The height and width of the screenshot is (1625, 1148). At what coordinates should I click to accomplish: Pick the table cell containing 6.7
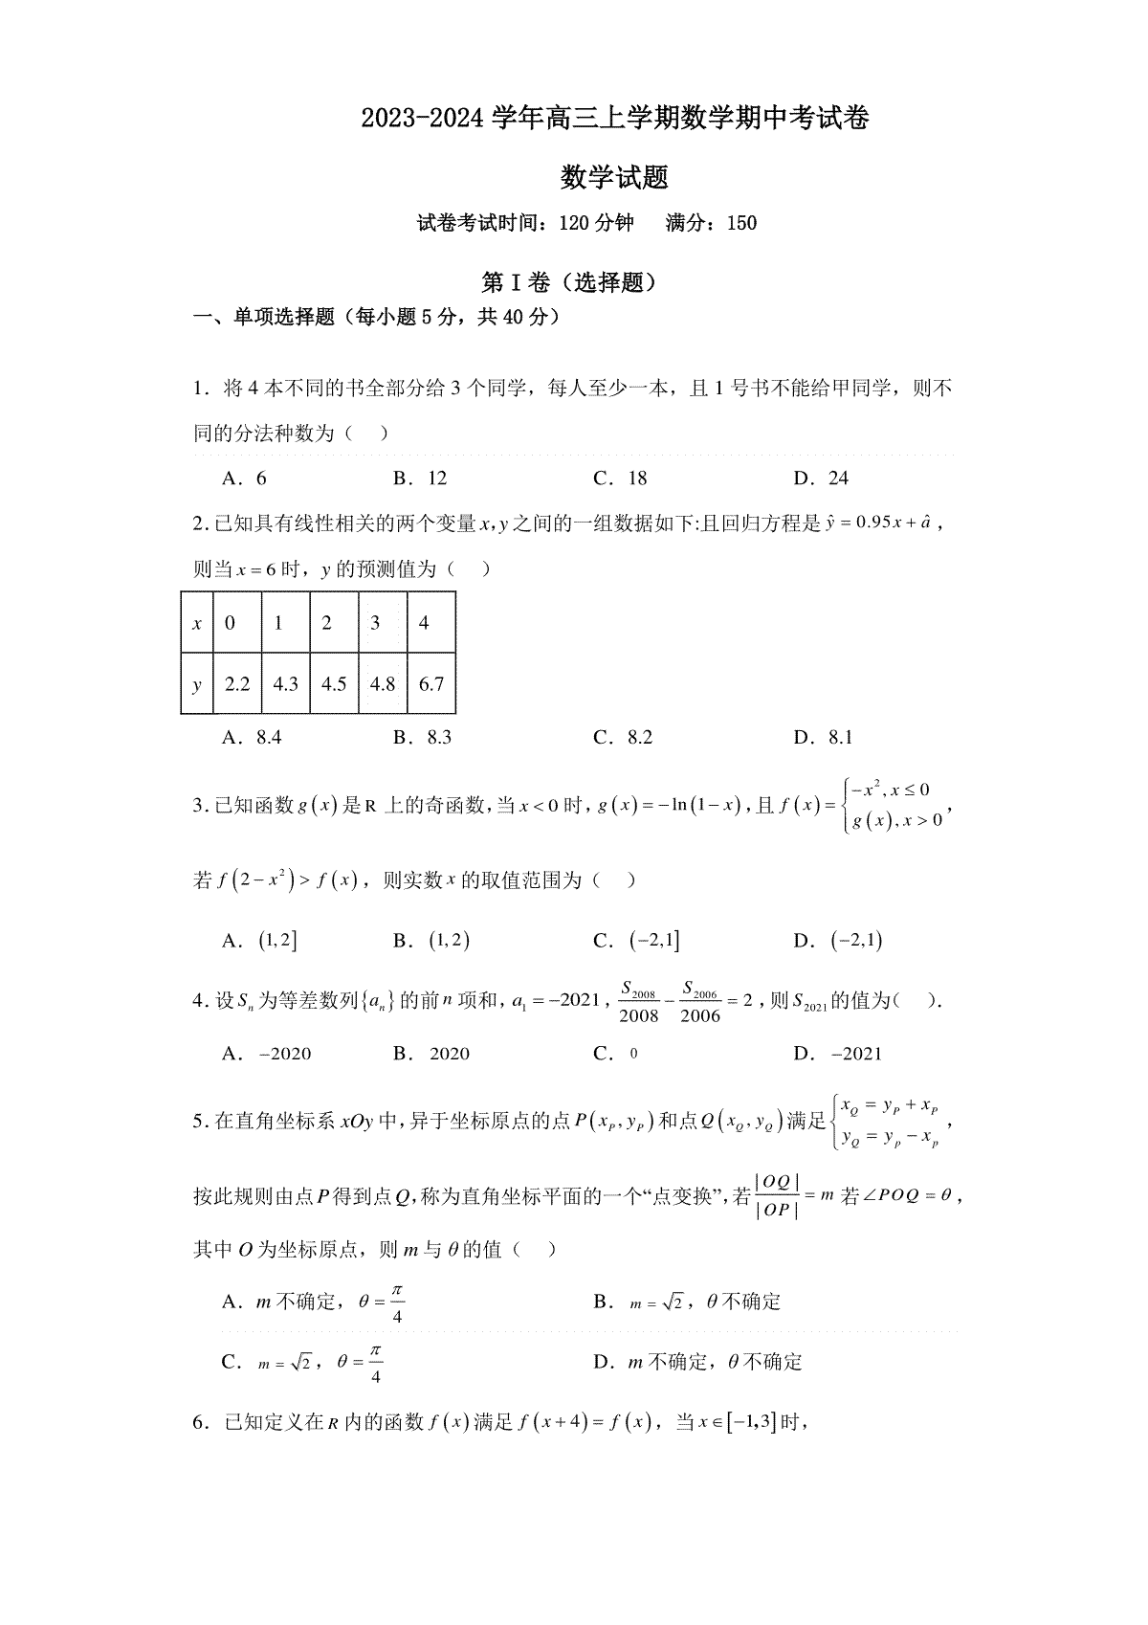[x=431, y=684]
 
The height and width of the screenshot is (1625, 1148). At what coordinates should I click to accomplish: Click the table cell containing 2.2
[x=236, y=684]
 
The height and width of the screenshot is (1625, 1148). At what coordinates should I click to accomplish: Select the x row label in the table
[x=197, y=624]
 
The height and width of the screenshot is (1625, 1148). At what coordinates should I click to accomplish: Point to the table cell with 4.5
[x=334, y=684]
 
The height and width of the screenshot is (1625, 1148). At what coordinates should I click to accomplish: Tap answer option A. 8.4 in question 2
[x=252, y=737]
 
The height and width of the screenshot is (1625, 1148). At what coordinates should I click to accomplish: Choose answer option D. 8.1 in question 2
[x=823, y=737]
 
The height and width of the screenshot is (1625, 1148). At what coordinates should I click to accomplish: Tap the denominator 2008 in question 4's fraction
[x=638, y=1015]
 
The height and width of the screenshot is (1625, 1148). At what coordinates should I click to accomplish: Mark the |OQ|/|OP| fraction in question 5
[x=777, y=1195]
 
